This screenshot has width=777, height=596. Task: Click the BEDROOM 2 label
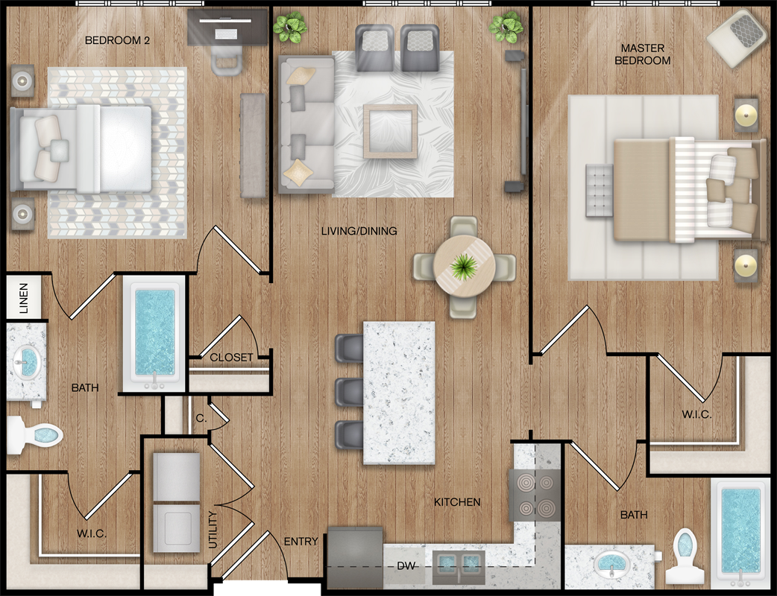point(117,40)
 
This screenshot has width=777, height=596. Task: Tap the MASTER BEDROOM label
point(643,54)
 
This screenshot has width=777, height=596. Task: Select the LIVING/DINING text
point(359,231)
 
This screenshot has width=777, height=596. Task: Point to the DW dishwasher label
point(406,565)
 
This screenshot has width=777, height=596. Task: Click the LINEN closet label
point(23,298)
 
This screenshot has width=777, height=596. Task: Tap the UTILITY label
point(213,530)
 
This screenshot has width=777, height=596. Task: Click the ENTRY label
point(301,542)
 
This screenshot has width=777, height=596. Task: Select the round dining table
point(464,266)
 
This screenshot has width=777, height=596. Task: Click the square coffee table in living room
point(391,131)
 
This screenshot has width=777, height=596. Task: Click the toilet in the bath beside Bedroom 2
point(35,435)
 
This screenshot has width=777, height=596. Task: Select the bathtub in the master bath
point(740,530)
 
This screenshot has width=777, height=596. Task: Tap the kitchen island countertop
point(399,393)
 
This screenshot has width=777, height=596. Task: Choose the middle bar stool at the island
point(350,392)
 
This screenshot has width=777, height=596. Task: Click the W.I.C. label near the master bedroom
point(696,414)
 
